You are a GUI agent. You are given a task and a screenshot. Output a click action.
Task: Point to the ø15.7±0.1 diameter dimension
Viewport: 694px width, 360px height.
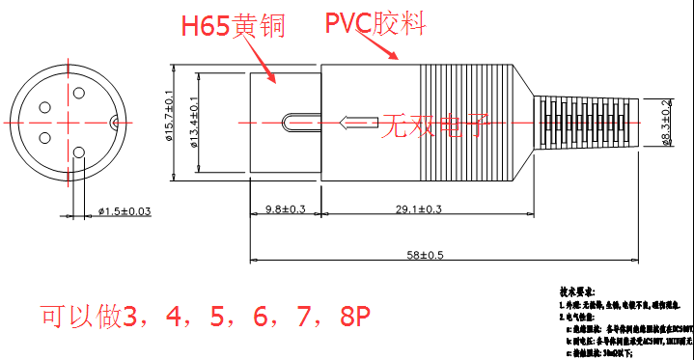click(169, 118)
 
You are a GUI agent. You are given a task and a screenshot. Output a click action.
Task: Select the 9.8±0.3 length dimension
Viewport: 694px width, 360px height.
click(285, 209)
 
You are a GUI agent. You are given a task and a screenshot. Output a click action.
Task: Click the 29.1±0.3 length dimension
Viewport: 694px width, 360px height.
click(420, 209)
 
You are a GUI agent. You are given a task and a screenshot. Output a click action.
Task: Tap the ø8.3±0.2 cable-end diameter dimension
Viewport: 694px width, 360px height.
click(667, 124)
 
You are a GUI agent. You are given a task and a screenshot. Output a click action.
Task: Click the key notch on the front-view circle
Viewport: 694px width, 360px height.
click(113, 122)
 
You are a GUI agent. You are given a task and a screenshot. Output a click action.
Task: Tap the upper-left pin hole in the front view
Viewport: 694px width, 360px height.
click(44, 108)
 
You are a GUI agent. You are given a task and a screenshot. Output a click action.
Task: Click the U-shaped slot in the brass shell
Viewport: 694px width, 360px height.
click(295, 123)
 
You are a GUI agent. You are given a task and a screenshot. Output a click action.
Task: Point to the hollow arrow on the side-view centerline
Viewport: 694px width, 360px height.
click(359, 123)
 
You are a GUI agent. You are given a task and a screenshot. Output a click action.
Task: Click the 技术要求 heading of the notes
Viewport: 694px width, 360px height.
click(577, 290)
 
